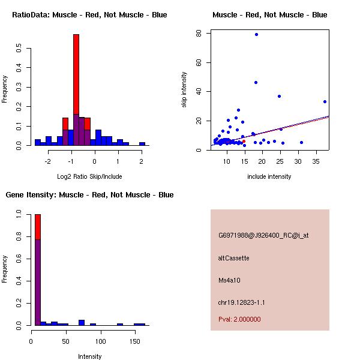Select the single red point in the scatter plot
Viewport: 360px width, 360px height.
[x=244, y=142]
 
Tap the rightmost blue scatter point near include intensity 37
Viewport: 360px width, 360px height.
[x=325, y=101]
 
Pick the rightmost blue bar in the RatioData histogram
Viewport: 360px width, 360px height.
[x=142, y=144]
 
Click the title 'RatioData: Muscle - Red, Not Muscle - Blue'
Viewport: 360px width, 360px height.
[x=89, y=15]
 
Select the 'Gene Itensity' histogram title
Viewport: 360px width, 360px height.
[x=89, y=195]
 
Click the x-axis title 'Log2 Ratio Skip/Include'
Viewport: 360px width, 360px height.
[x=89, y=176]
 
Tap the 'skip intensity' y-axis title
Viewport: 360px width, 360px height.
[x=184, y=90]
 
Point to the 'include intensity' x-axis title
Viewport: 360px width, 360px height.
[x=269, y=176]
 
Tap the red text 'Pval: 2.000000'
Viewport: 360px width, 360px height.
[x=239, y=319]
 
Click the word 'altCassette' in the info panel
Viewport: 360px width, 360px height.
[x=233, y=258]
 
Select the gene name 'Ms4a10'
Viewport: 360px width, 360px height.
[x=229, y=280]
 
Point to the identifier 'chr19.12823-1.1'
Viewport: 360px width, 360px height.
[x=241, y=302]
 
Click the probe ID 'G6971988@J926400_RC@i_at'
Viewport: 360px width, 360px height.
[x=263, y=236]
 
